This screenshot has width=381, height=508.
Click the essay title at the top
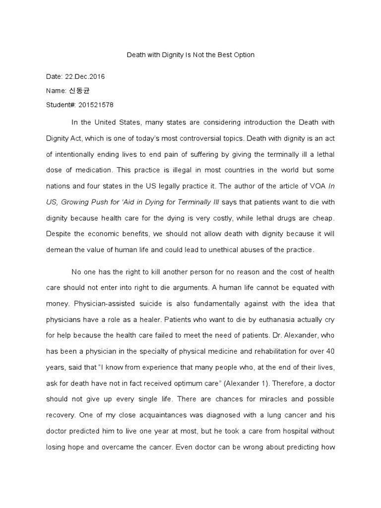(190, 55)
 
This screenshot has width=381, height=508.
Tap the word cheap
(324, 217)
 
